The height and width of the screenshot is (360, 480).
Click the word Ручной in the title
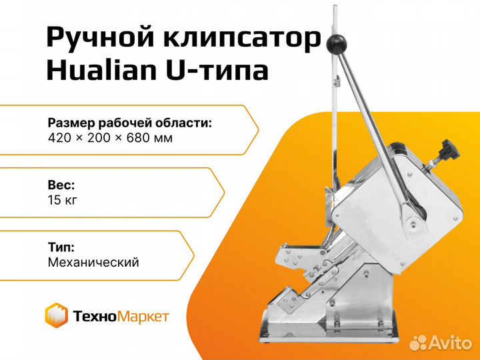tap(100, 38)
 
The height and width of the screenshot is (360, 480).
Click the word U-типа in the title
tap(217, 71)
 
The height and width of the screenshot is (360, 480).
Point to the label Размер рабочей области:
tap(130, 123)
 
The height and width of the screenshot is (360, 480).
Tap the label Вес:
tap(61, 185)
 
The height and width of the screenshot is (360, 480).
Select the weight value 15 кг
tap(63, 200)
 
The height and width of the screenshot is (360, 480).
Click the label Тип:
tap(61, 247)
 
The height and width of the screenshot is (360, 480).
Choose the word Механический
tap(93, 263)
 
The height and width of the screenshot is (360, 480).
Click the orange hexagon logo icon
tap(56, 315)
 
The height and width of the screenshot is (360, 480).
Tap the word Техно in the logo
tap(95, 316)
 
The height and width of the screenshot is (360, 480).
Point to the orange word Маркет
tap(143, 317)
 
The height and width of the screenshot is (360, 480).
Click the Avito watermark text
tap(450, 342)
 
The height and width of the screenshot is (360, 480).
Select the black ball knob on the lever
tap(335, 44)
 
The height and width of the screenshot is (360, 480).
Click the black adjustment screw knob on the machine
tap(450, 150)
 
